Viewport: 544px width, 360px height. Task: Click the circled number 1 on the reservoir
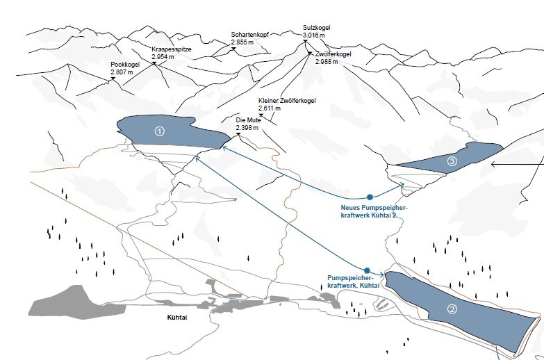click(159, 131)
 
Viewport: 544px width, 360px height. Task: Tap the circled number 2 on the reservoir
click(452, 310)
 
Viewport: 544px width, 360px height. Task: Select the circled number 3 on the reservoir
click(452, 162)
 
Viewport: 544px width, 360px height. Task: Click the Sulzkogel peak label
click(316, 28)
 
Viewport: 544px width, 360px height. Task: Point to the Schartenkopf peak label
click(249, 34)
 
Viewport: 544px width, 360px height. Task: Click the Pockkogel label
click(126, 64)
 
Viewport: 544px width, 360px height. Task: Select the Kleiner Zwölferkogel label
click(287, 101)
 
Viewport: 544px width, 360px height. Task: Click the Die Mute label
click(248, 120)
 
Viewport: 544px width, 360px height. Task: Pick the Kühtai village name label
click(178, 318)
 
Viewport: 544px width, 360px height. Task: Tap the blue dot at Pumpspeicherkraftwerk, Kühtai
click(366, 270)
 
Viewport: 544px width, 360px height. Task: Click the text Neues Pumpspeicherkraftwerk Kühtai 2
click(374, 211)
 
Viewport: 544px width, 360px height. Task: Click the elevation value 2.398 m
click(247, 128)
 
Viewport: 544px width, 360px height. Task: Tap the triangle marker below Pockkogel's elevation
click(112, 79)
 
